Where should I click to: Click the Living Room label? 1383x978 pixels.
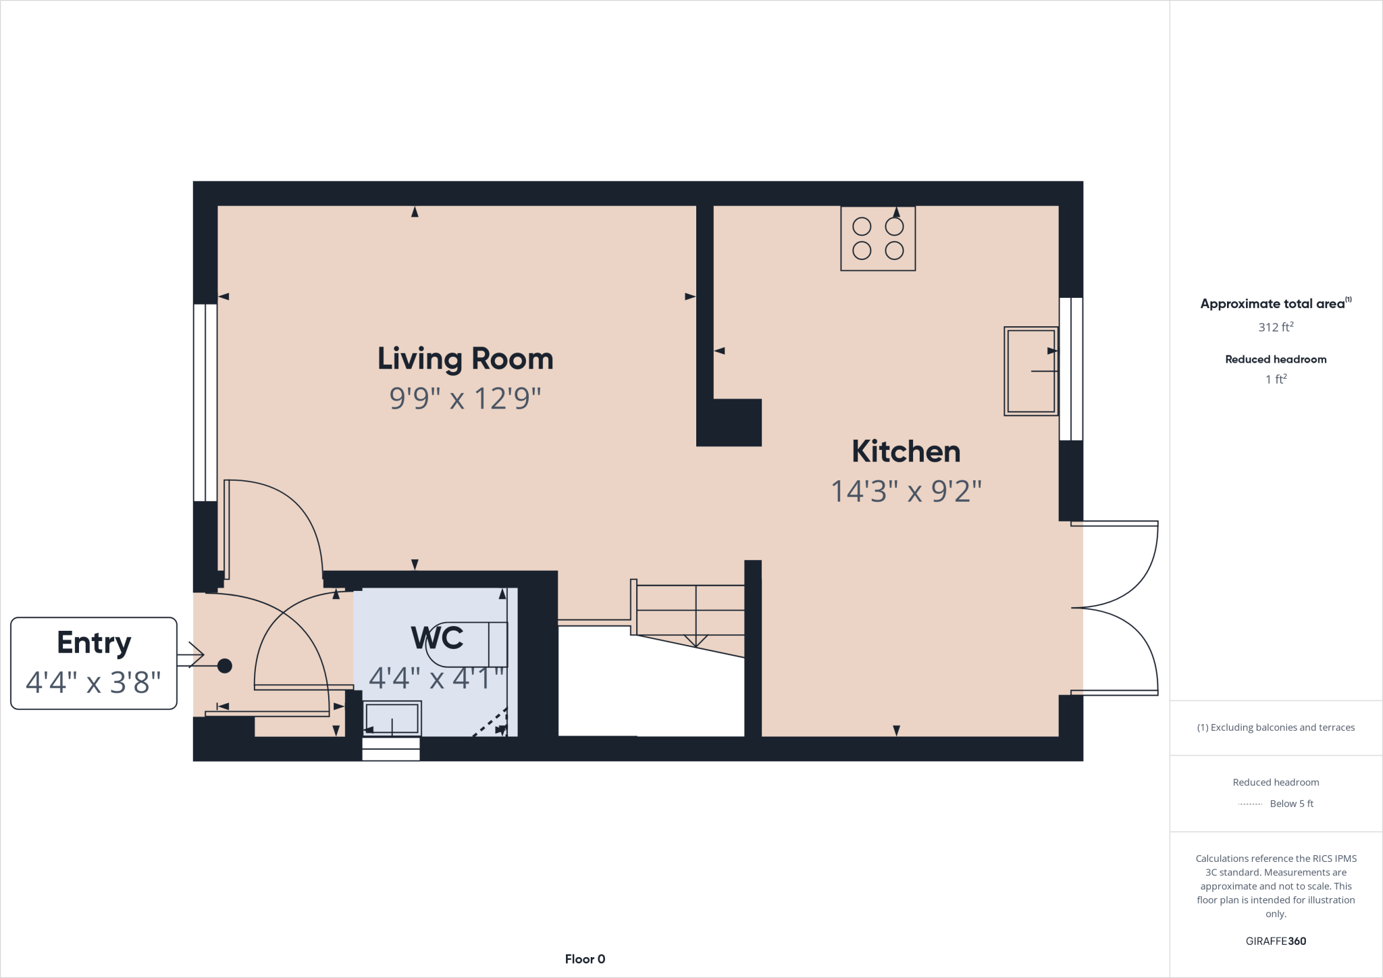point(465,359)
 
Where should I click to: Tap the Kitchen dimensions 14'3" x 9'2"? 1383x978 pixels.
point(906,491)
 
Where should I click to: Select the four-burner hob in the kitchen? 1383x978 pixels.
point(877,239)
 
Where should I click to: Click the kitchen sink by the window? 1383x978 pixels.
point(1030,371)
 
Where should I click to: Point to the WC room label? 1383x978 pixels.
point(437,638)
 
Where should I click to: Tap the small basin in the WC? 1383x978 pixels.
point(392,718)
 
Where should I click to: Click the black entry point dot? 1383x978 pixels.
point(225,666)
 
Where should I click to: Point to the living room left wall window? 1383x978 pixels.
point(205,403)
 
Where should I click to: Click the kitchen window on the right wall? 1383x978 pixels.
point(1071,369)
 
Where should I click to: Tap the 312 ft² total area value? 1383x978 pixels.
point(1276,327)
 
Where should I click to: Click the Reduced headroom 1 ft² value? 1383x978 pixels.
point(1276,380)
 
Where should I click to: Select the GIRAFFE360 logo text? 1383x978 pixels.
point(1276,941)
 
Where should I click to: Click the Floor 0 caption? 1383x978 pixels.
point(585,959)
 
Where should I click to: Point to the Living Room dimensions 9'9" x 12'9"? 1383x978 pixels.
point(465,398)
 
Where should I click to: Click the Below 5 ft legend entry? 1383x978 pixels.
point(1290,804)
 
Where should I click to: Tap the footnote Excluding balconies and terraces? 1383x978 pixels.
point(1276,727)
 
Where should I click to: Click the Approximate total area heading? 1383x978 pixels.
point(1273,304)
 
